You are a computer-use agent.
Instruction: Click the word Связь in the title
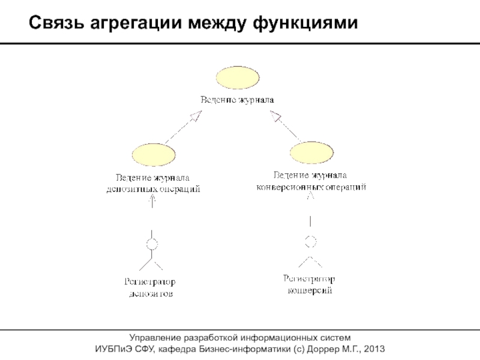click(x=55, y=24)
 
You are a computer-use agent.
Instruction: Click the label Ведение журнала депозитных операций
click(x=153, y=183)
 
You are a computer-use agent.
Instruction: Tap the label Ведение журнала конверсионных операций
click(x=311, y=181)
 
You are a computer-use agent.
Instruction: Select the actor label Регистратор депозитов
click(x=151, y=288)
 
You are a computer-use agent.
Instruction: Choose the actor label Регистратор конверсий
click(x=310, y=285)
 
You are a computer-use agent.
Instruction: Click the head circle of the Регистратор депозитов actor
click(x=152, y=245)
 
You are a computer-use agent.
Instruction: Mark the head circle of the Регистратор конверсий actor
click(x=310, y=242)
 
